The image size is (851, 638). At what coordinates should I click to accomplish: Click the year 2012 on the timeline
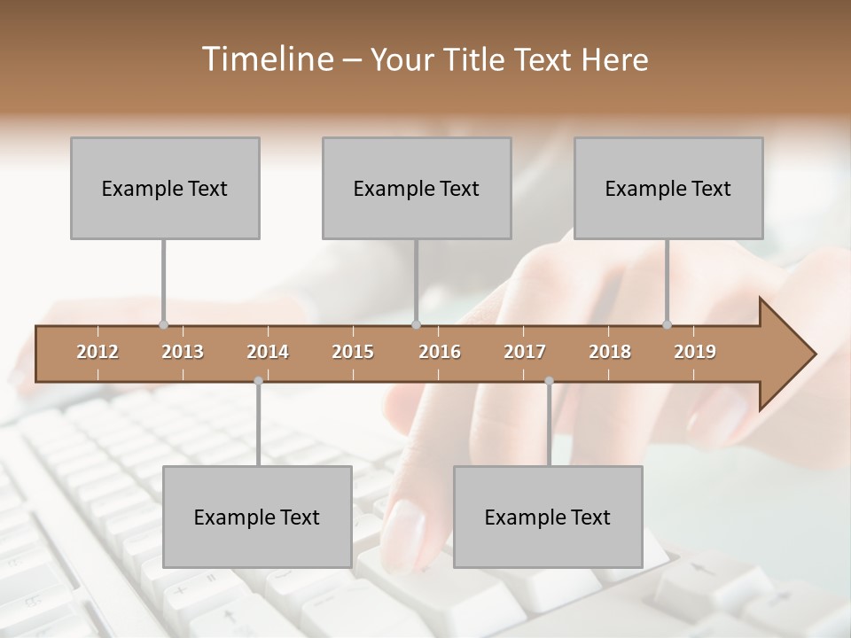98,352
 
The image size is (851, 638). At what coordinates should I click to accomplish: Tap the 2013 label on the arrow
183,352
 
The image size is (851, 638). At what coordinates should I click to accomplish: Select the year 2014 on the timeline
268,352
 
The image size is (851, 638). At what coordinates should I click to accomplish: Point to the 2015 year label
353,352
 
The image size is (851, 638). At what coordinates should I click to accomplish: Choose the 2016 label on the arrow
440,352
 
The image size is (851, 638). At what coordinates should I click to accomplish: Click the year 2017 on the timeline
525,352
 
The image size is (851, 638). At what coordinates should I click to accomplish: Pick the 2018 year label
610,352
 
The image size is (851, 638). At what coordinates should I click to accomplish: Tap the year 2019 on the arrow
695,352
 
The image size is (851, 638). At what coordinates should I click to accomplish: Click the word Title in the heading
479,59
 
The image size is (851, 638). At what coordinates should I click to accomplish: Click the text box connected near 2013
165,188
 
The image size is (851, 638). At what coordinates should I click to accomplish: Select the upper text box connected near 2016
417,188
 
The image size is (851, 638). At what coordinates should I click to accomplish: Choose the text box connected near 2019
668,188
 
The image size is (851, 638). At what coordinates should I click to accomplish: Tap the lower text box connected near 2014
257,517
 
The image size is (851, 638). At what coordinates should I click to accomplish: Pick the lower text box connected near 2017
548,517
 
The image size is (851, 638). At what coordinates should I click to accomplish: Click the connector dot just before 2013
163,324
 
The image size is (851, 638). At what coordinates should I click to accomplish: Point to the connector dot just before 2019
667,324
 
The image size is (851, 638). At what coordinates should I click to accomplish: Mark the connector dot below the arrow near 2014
258,381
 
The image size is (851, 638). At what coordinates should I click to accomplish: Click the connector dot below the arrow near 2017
549,381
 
